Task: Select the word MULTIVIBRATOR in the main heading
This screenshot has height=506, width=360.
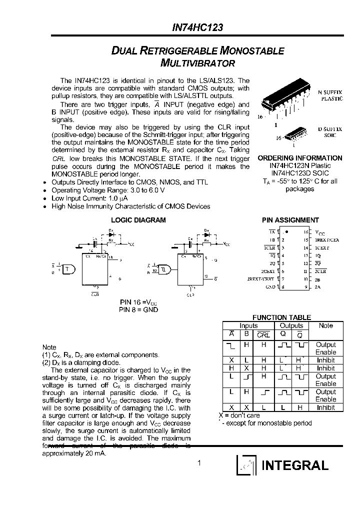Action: [198, 63]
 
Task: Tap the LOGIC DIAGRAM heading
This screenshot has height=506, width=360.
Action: [138, 220]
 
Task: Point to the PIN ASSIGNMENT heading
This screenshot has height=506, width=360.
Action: [290, 220]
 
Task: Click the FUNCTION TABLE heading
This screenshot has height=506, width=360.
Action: [281, 317]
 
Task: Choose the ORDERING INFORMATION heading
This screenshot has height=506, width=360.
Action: [300, 158]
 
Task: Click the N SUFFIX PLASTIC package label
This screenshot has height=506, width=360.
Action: [330, 95]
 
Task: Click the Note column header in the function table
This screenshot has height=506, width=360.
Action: [325, 325]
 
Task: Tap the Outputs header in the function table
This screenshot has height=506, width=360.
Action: [291, 325]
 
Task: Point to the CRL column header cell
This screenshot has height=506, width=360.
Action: [263, 335]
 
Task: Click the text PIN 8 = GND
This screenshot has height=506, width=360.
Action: [138, 309]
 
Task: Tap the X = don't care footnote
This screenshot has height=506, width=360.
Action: [239, 415]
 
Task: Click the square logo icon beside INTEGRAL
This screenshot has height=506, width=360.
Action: [246, 465]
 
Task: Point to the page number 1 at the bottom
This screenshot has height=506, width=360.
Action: [198, 463]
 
